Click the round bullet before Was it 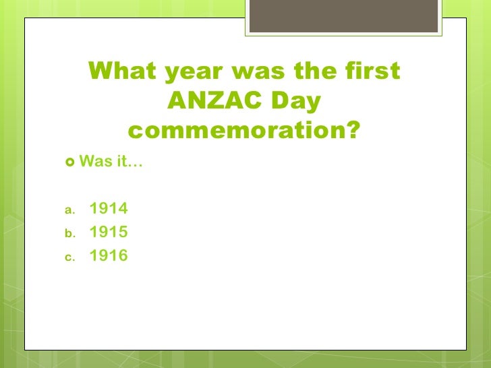point(71,162)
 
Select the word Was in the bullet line point(93,162)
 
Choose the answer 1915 point(109,233)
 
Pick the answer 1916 point(109,256)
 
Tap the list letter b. point(68,233)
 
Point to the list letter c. point(68,257)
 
